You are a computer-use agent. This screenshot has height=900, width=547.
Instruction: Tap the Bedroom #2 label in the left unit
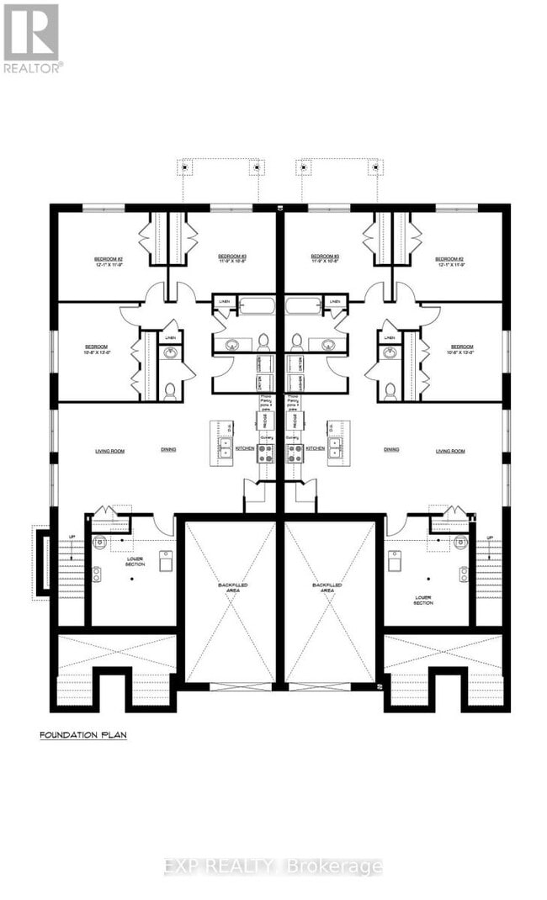[x=109, y=259]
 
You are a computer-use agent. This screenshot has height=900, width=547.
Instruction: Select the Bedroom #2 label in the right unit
[x=450, y=259]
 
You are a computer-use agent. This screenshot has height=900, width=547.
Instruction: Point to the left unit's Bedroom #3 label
[x=231, y=256]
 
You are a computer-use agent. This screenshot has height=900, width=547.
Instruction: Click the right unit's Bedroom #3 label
[x=325, y=256]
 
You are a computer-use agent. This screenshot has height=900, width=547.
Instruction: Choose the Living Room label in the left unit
[x=109, y=451]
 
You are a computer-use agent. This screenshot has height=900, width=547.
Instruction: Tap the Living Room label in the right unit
[x=450, y=451]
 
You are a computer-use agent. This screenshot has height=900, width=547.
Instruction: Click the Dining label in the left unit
[x=169, y=450]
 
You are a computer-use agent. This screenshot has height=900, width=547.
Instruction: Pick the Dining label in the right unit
[x=391, y=450]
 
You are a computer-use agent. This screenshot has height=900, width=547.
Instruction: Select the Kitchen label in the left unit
[x=244, y=450]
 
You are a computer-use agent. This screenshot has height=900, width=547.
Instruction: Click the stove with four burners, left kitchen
[x=265, y=453]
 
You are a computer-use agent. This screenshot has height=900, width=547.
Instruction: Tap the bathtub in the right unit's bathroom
[x=303, y=304]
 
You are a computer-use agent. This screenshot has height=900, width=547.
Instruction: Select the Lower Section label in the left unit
[x=136, y=561]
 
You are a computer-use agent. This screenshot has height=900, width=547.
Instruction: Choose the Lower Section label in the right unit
[x=423, y=600]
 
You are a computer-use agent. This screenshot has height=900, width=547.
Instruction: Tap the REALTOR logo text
[x=32, y=67]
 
